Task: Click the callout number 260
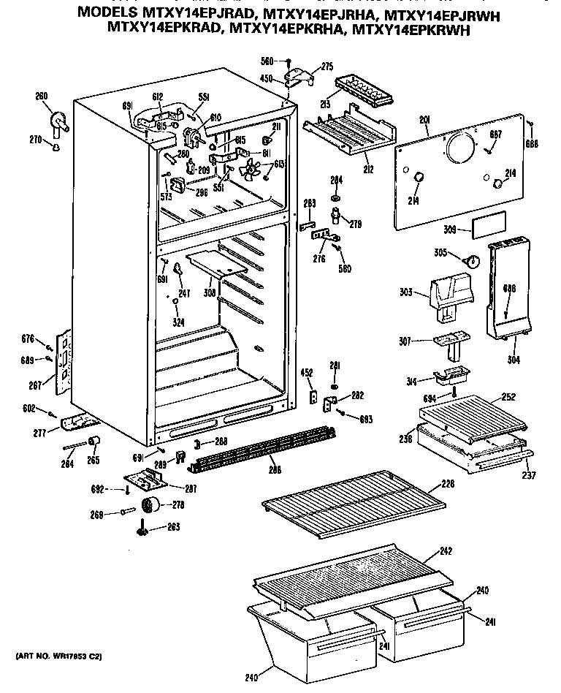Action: [x=42, y=96]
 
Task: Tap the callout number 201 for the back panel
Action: [x=425, y=121]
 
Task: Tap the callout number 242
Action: [x=446, y=552]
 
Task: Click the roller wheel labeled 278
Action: [x=152, y=505]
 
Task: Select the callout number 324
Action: [x=178, y=322]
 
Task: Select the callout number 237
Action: [x=530, y=476]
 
